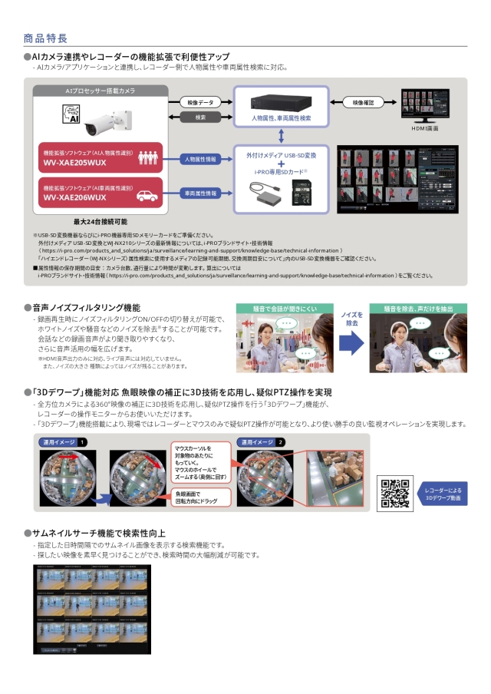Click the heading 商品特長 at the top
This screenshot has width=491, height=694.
pos(45,38)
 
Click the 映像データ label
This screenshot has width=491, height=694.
pos(200,102)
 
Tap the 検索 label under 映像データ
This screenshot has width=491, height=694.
pos(200,117)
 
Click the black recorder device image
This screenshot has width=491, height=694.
pos(282,102)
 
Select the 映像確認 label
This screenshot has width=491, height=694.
pos(363,102)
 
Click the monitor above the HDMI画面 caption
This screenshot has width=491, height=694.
pos(430,105)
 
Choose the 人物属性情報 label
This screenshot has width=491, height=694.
pos(200,159)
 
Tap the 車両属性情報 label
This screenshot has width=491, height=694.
pos(200,193)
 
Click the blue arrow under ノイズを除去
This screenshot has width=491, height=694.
pos(351,344)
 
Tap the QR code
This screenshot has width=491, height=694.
pos(395,493)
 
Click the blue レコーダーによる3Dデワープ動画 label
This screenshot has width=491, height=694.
pos(443,494)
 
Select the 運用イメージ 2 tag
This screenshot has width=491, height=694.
pos(262,442)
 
